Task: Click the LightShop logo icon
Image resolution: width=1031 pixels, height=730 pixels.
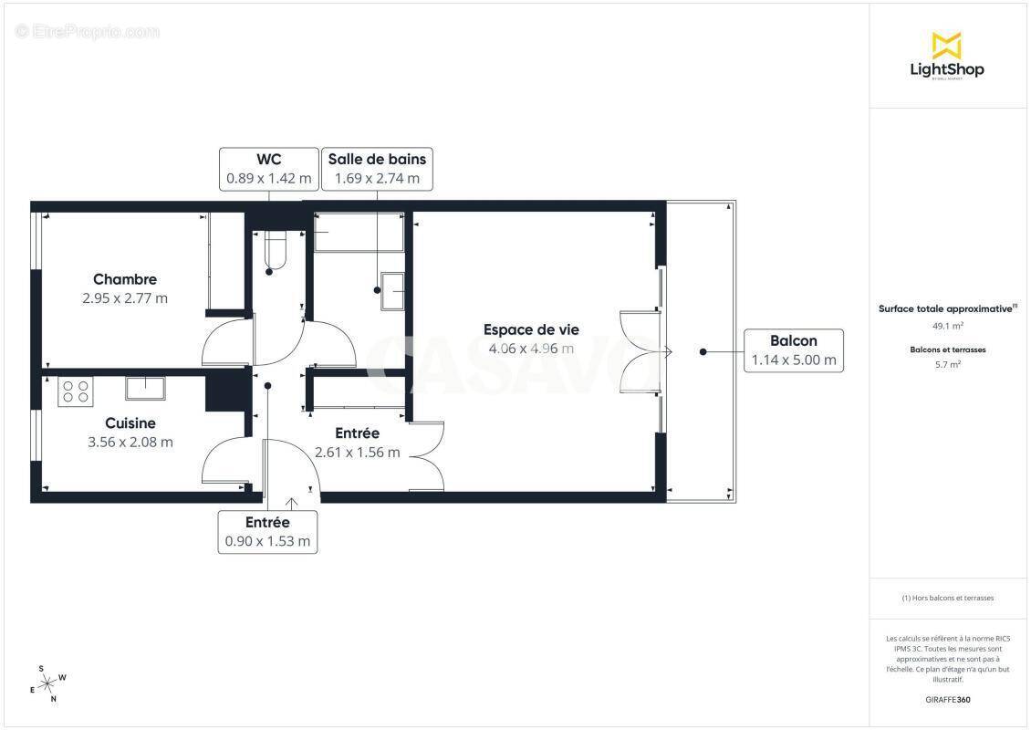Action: pyautogui.click(x=946, y=45)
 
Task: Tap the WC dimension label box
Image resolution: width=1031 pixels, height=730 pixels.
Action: pyautogui.click(x=268, y=169)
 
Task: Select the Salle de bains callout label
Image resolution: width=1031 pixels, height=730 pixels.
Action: pyautogui.click(x=377, y=169)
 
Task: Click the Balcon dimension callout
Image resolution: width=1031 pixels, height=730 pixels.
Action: pyautogui.click(x=793, y=350)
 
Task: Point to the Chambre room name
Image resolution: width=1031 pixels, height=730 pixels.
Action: pyautogui.click(x=125, y=279)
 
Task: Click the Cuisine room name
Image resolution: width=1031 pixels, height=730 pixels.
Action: pyautogui.click(x=130, y=423)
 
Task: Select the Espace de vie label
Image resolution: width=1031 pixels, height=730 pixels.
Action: pyautogui.click(x=531, y=329)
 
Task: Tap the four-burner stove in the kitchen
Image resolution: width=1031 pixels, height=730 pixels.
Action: pyautogui.click(x=75, y=391)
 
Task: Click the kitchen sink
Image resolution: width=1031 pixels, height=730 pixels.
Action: pyautogui.click(x=145, y=388)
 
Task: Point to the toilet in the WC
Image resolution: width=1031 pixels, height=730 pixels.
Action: pyautogui.click(x=273, y=250)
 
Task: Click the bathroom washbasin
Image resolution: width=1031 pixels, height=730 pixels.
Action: pyautogui.click(x=394, y=290)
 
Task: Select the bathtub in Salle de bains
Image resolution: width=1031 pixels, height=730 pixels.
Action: pyautogui.click(x=359, y=233)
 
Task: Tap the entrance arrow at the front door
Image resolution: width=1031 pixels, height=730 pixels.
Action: pyautogui.click(x=292, y=503)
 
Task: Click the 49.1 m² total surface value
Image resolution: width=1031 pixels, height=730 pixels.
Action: pyautogui.click(x=946, y=325)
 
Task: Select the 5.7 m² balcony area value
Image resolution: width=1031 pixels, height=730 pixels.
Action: pyautogui.click(x=946, y=364)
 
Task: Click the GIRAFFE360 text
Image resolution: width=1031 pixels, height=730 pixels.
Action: pyautogui.click(x=948, y=700)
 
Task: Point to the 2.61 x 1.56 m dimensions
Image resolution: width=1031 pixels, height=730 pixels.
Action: pyautogui.click(x=357, y=452)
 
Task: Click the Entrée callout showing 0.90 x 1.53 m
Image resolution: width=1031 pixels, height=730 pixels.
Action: pyautogui.click(x=267, y=532)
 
